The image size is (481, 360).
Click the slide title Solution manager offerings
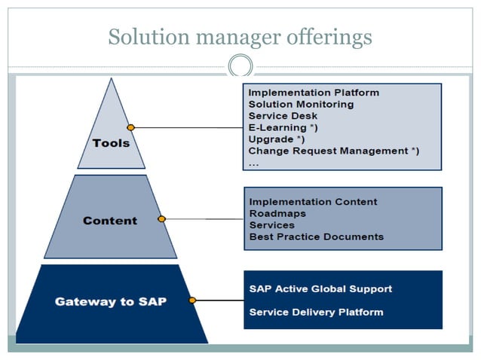240,36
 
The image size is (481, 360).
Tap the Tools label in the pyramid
111,143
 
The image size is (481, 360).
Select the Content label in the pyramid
110,221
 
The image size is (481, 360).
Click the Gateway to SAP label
110,301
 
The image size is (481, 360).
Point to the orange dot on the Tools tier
130,127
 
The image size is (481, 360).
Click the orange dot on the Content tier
161,219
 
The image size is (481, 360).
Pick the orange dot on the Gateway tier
192,300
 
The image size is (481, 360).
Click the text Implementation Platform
314,93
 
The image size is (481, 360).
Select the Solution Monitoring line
301,104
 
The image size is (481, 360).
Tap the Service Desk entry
283,116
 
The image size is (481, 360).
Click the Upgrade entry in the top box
276,139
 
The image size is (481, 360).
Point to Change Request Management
333,151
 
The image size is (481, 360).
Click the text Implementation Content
313,202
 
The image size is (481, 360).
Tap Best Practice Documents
316,236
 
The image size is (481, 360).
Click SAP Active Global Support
320,288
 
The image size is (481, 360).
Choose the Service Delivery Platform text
316,312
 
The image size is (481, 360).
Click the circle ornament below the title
240,66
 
